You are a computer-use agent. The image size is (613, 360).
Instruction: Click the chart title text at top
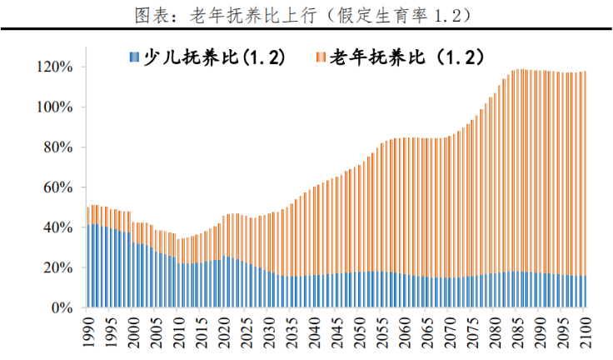click(306, 14)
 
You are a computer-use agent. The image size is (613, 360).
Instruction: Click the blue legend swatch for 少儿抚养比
click(133, 57)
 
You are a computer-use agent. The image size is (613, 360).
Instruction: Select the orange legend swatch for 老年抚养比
click(321, 57)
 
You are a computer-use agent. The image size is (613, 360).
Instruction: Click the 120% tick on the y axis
click(54, 67)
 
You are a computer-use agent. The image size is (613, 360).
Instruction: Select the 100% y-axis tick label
click(54, 107)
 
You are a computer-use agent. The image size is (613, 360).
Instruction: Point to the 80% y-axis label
click(57, 147)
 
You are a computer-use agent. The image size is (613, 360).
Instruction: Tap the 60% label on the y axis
click(57, 187)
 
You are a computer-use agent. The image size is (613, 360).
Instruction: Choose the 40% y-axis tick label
click(57, 227)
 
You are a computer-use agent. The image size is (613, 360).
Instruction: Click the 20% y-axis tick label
click(57, 267)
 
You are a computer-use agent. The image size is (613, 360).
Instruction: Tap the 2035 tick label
click(292, 331)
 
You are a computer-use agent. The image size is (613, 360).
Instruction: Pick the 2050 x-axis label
click(359, 331)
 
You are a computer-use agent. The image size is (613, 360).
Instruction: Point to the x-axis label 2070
click(449, 331)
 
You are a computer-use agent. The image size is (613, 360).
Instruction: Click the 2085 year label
click(516, 331)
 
